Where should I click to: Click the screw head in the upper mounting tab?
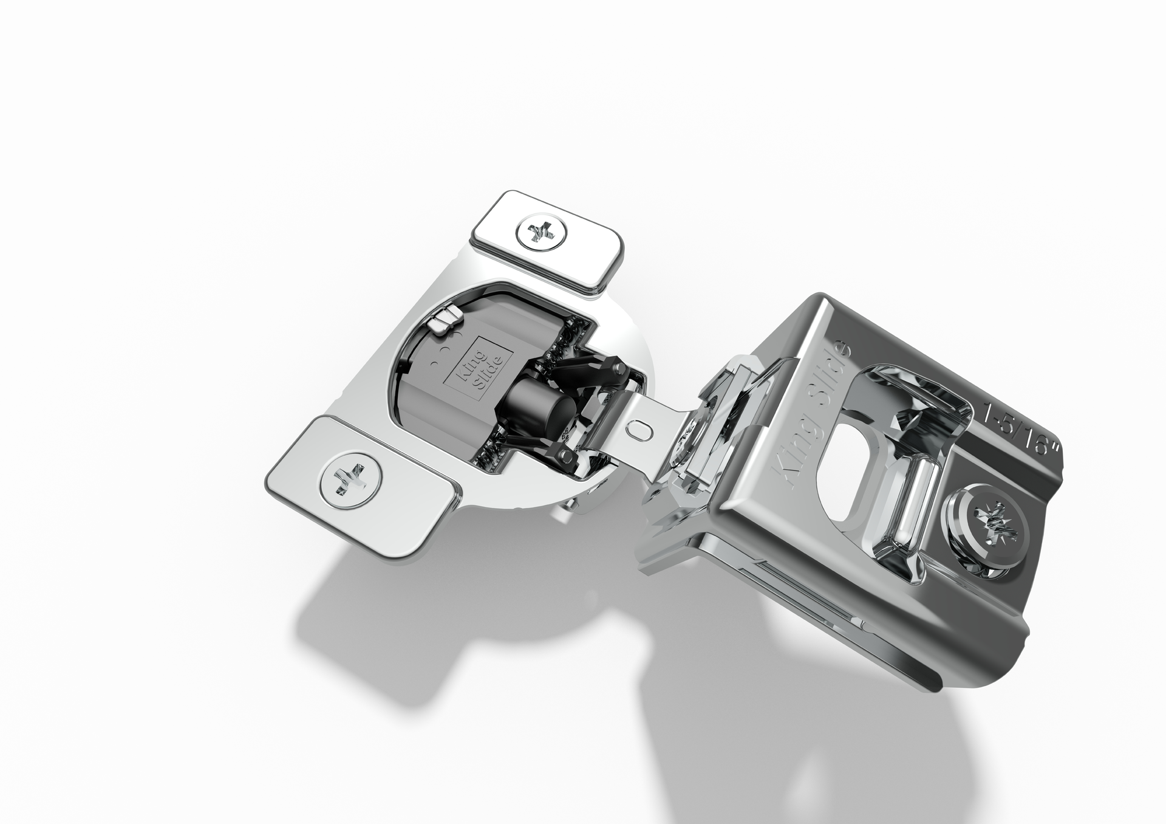[x=543, y=231]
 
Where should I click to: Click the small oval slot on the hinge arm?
[x=639, y=428]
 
